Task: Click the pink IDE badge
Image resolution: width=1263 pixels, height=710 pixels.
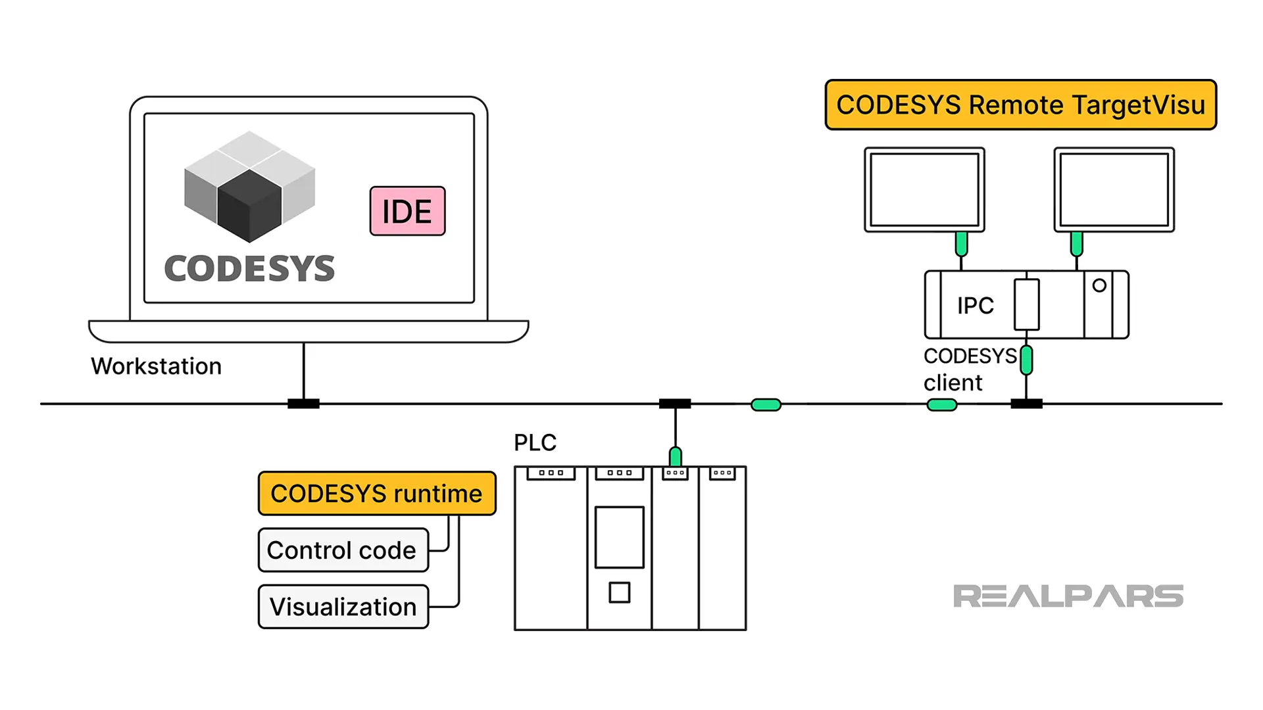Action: [x=407, y=211]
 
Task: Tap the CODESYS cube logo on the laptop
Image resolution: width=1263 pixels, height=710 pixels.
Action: [x=249, y=186]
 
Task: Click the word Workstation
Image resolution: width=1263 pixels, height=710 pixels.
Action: [x=157, y=366]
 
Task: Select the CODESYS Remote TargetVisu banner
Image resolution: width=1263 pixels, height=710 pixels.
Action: [x=1020, y=105]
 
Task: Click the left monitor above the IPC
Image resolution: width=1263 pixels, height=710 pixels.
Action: [x=924, y=189]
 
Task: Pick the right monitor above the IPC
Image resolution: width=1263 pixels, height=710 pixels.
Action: [x=1114, y=189]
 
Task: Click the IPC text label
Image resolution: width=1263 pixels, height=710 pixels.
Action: [x=975, y=306]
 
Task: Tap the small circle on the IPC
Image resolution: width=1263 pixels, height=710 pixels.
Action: [x=1099, y=286]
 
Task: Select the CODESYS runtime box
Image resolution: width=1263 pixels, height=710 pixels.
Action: [x=376, y=493]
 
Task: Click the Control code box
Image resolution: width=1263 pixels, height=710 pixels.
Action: [x=343, y=550]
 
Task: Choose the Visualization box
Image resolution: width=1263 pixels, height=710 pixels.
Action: [x=343, y=607]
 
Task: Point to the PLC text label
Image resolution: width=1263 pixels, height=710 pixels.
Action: [x=535, y=442]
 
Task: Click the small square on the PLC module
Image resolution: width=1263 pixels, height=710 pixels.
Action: [x=619, y=592]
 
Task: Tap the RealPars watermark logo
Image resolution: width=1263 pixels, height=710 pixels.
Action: [x=1068, y=596]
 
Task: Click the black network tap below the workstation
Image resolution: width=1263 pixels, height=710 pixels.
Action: [x=303, y=404]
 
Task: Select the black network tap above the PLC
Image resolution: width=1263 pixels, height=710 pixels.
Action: [x=675, y=404]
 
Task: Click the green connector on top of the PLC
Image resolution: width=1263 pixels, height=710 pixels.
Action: [x=675, y=456]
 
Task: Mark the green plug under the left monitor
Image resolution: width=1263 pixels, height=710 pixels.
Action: [x=961, y=244]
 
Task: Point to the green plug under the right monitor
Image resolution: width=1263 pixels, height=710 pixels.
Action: [x=1076, y=244]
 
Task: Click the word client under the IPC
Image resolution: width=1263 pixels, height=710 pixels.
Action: [x=953, y=383]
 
